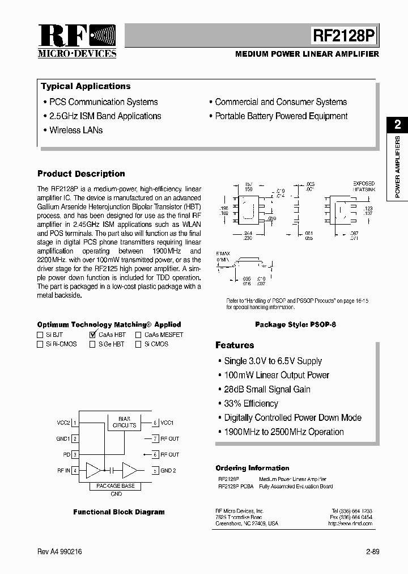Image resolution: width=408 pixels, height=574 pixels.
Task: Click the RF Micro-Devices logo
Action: (76, 41)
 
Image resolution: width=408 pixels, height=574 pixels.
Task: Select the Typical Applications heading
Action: (86, 86)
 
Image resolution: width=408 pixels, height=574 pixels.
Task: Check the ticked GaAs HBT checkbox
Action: (92, 335)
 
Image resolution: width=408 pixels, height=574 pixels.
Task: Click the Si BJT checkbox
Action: (40, 335)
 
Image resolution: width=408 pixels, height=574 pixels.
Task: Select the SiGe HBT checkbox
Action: (92, 344)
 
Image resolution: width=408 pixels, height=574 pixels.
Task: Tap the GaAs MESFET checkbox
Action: (138, 335)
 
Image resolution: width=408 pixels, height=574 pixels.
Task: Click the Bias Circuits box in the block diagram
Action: (125, 422)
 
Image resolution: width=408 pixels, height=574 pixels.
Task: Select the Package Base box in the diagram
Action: (116, 486)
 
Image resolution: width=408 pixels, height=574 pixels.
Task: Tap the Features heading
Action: (235, 345)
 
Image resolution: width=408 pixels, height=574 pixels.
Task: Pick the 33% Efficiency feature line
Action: (251, 403)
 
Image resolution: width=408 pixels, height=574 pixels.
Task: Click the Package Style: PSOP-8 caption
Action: (295, 325)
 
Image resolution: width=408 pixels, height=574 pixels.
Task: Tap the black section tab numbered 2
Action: (397, 124)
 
